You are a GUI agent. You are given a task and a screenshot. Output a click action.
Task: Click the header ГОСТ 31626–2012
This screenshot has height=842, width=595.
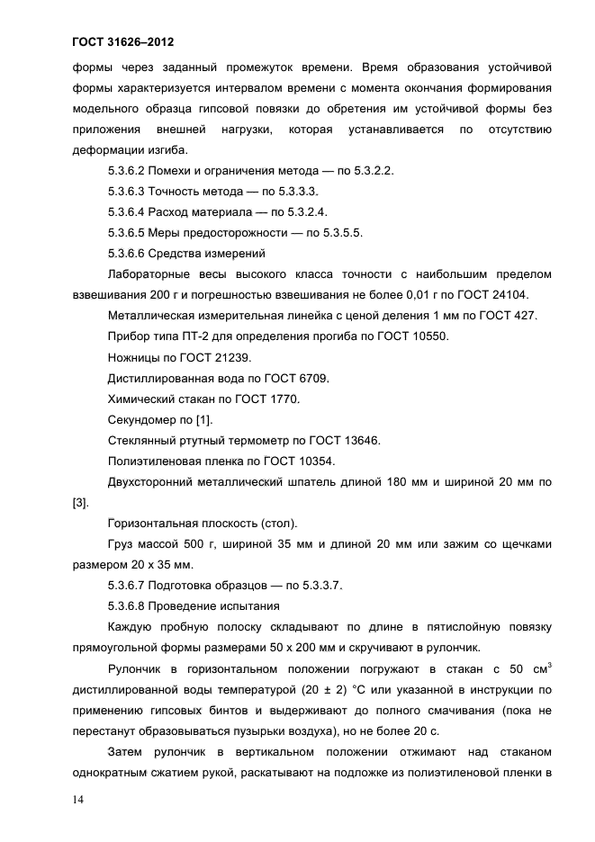(122, 42)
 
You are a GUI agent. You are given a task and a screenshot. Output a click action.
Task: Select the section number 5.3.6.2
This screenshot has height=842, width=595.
(125, 170)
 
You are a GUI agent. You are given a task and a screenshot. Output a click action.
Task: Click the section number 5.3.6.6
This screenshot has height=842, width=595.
(125, 253)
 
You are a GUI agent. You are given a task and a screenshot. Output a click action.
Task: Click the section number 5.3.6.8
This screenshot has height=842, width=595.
(125, 605)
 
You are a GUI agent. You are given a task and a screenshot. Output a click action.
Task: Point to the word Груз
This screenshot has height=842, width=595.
(122, 544)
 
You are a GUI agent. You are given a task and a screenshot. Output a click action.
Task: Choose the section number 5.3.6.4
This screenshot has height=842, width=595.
(125, 211)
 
